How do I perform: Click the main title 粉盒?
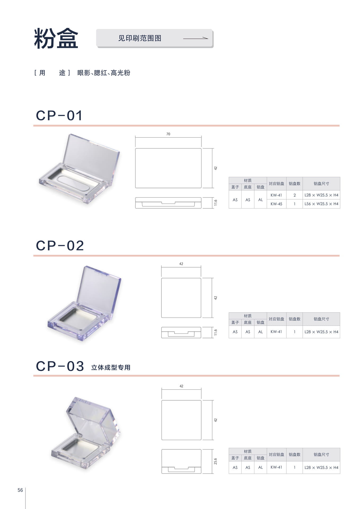coord(56,38)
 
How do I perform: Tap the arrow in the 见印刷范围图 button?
coord(196,38)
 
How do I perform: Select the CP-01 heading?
coord(59,116)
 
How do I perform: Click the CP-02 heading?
coord(60,245)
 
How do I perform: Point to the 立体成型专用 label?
coord(111,367)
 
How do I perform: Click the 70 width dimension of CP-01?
coord(168,134)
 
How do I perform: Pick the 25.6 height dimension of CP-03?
coord(216,461)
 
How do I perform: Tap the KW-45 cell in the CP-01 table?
coord(276,204)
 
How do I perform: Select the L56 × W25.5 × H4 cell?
coord(321,204)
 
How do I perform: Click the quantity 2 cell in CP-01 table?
coord(295,195)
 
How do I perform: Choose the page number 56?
coord(20,490)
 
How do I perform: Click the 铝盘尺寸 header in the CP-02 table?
coord(321,319)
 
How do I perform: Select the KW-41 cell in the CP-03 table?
coord(276,467)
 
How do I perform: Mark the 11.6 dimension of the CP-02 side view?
coord(216,332)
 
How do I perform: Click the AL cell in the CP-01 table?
coord(261,200)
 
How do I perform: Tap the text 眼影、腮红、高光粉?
coord(104,73)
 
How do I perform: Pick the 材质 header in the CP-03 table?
coord(248,451)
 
